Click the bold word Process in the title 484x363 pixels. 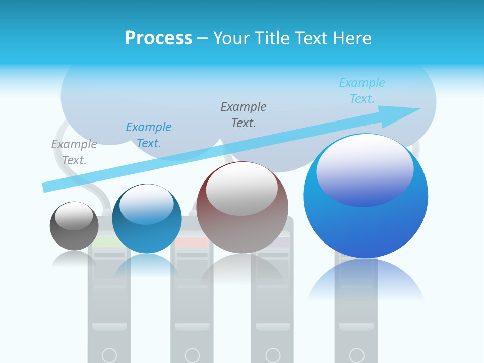tap(158, 38)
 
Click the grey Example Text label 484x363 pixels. tap(74, 152)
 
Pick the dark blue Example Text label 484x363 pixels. tap(149, 135)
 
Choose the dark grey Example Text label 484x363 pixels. tap(244, 114)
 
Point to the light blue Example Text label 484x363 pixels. tap(362, 91)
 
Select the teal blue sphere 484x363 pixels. tap(147, 232)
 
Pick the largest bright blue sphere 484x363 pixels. tap(366, 222)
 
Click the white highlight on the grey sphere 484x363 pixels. tap(74, 216)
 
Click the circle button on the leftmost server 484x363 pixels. tap(109, 355)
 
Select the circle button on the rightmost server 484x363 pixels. tap(356, 355)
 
